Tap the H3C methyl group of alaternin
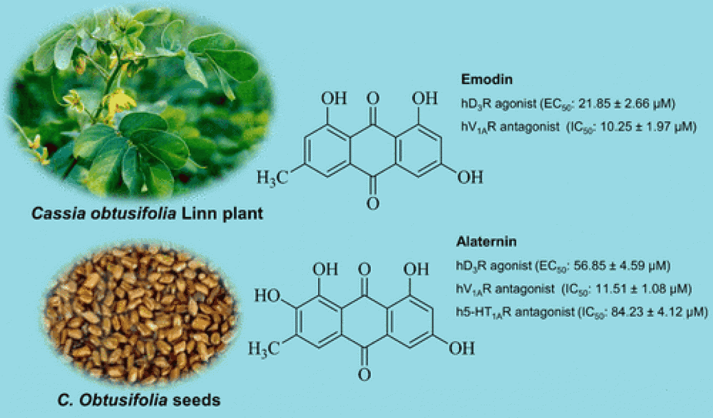(263, 347)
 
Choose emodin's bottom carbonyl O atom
(373, 202)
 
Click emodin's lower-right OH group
(470, 177)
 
